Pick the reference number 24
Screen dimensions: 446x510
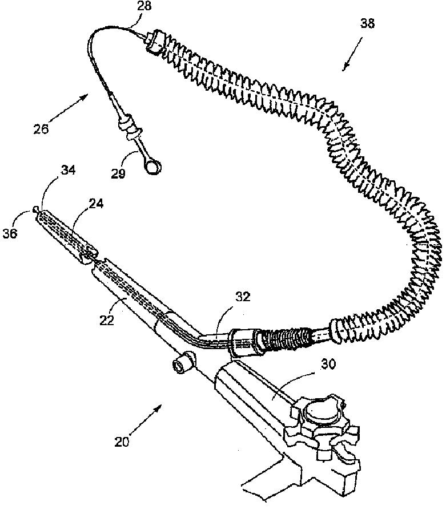[96, 203]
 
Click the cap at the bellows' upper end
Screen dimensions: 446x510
[152, 41]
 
